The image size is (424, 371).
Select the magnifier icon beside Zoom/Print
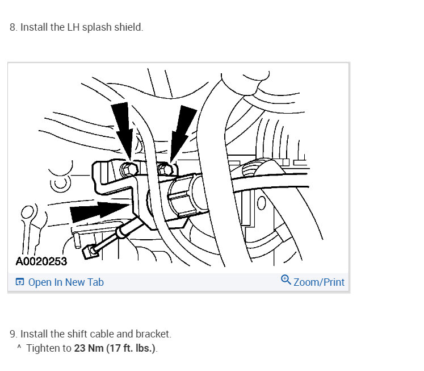[x=286, y=280]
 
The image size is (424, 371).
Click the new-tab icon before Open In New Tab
[x=20, y=282]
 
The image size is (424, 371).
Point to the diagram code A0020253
[x=41, y=261]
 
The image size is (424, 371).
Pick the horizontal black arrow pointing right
[x=100, y=211]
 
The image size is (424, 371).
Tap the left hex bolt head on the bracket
[x=129, y=169]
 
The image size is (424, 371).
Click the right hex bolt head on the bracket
[x=165, y=169]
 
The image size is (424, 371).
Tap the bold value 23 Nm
[x=89, y=348]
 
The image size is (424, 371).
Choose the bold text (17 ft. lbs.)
[x=131, y=348]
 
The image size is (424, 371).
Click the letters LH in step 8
[x=73, y=27]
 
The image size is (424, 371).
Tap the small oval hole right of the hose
[x=261, y=203]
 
